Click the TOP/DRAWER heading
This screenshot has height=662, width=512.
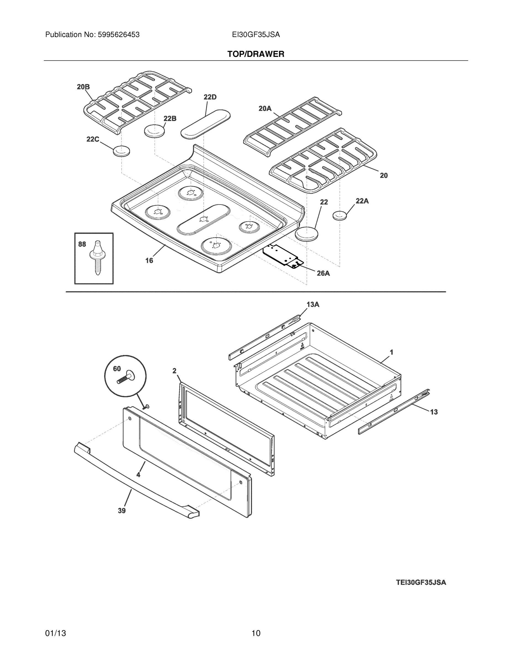click(x=256, y=54)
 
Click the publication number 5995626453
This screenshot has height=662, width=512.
click(x=118, y=35)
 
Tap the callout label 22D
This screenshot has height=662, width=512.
click(x=210, y=97)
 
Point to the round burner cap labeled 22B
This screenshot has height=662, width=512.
click(x=154, y=131)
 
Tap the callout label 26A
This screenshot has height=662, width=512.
click(x=323, y=273)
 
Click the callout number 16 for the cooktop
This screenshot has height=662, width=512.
click(x=149, y=260)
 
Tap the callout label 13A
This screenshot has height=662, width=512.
click(x=313, y=305)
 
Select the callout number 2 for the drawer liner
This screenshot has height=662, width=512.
click(x=174, y=371)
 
